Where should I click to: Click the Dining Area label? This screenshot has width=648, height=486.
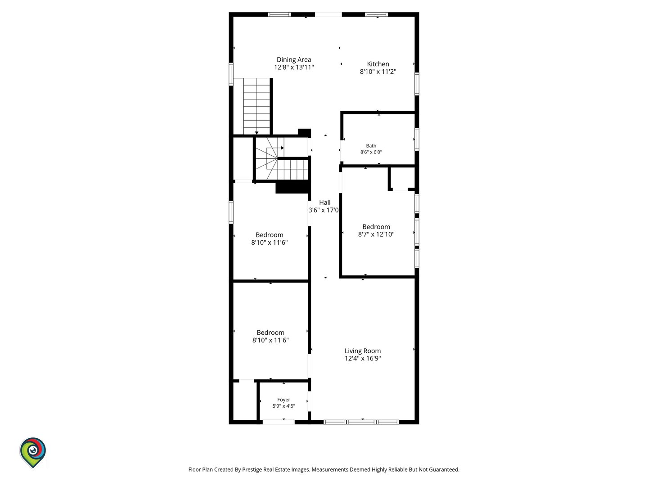294,59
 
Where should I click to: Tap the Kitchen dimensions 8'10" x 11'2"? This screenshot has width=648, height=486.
378,72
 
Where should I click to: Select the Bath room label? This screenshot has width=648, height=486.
371,146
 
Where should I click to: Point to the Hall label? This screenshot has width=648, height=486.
325,202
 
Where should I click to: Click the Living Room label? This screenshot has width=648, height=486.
363,351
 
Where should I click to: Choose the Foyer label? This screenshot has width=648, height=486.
283,400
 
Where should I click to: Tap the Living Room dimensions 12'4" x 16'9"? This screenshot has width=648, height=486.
363,358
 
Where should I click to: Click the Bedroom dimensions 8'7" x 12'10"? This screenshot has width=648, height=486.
376,234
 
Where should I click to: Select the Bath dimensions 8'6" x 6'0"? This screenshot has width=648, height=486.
371,152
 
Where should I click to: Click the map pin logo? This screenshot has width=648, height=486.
33,452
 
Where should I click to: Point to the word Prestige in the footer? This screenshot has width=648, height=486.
252,469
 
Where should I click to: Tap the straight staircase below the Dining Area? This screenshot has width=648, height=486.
256,107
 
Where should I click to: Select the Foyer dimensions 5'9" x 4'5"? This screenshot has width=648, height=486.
283,406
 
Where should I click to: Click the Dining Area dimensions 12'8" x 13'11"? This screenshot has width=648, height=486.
294,67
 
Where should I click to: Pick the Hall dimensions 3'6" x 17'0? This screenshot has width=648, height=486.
324,210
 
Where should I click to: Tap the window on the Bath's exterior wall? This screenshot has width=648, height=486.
417,139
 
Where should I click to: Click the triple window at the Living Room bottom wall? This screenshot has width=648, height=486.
361,422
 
